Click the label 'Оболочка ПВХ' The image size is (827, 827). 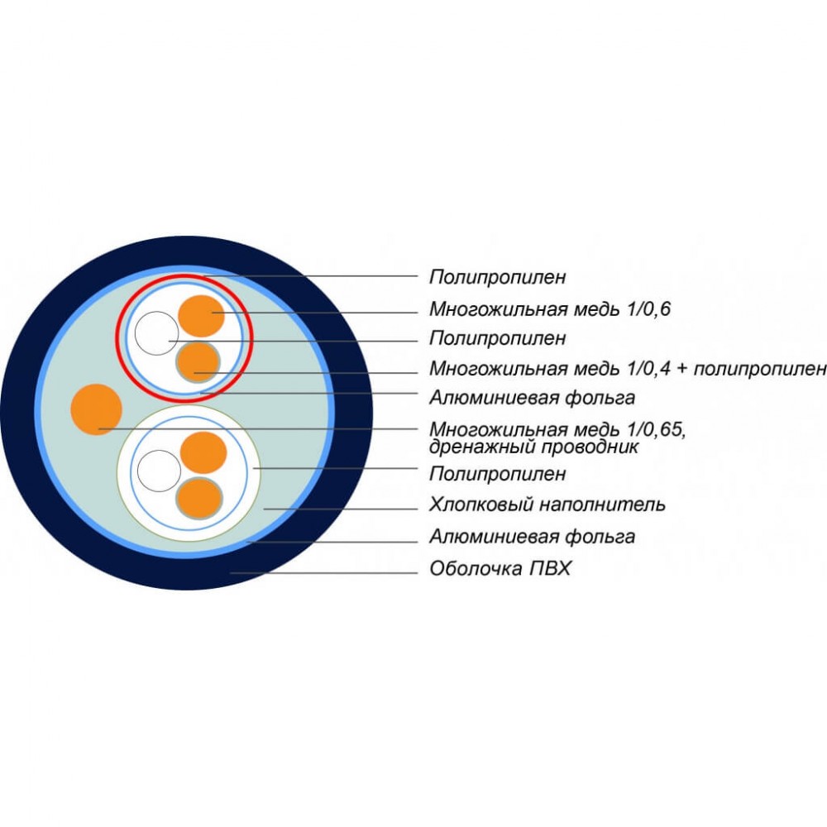pyautogui.click(x=500, y=569)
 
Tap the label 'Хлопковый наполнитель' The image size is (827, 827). pyautogui.click(x=547, y=504)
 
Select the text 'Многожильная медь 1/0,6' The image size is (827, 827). pyautogui.click(x=550, y=308)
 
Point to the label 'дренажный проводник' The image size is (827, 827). pyautogui.click(x=533, y=447)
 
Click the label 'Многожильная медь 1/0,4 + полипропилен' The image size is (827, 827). pyautogui.click(x=628, y=368)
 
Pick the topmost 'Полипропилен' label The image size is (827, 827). pyautogui.click(x=497, y=277)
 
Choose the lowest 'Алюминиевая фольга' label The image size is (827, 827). pyautogui.click(x=532, y=537)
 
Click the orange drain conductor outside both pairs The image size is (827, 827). pyautogui.click(x=97, y=409)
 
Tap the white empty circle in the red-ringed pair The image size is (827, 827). pyautogui.click(x=156, y=332)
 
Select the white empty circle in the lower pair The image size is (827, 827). pyautogui.click(x=160, y=471)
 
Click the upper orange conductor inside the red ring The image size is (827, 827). pyautogui.click(x=202, y=315)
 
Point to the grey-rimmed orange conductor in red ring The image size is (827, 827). pyautogui.click(x=198, y=362)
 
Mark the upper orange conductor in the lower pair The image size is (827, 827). pyautogui.click(x=203, y=452)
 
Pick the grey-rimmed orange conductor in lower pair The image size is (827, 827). pyautogui.click(x=198, y=499)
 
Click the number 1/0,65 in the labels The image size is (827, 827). pyautogui.click(x=657, y=429)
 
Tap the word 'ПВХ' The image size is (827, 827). pyautogui.click(x=551, y=569)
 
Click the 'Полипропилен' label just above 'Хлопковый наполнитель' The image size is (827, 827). pyautogui.click(x=497, y=474)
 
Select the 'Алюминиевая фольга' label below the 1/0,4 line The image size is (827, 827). pyautogui.click(x=532, y=397)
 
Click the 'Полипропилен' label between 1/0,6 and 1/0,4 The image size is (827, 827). pyautogui.click(x=497, y=337)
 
